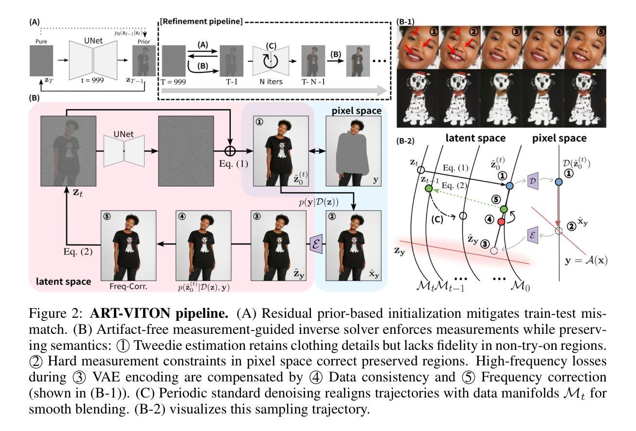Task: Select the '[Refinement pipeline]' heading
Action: [201, 22]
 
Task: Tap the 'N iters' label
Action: [268, 82]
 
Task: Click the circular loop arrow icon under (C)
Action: [268, 62]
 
